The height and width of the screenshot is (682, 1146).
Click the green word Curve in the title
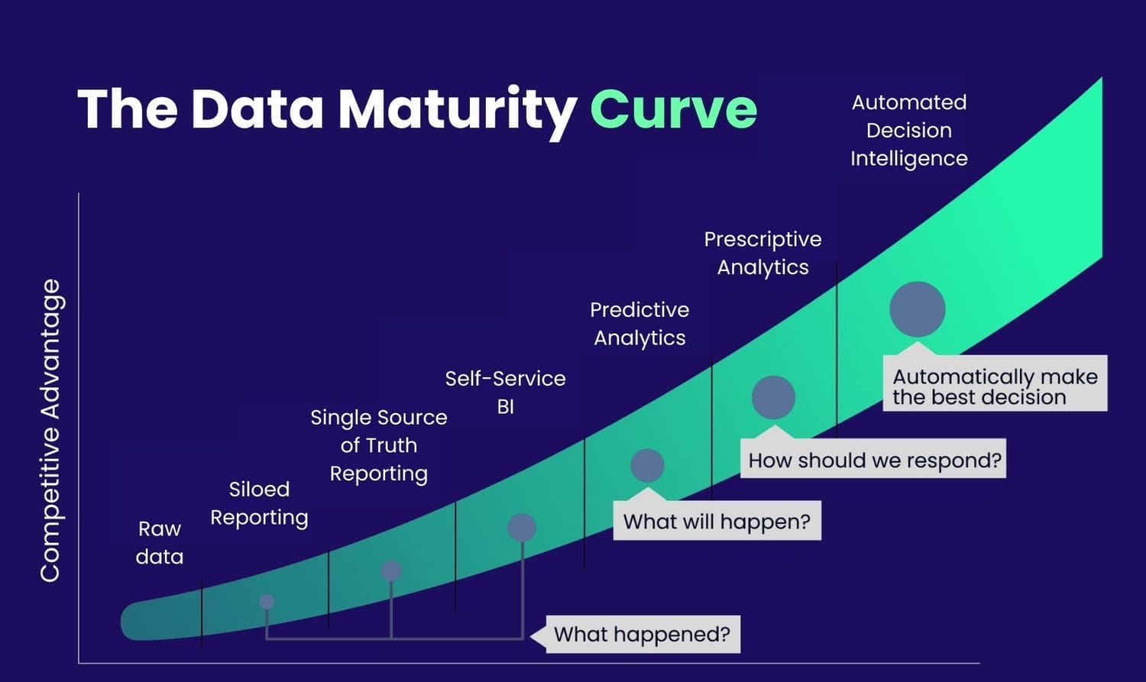click(x=673, y=109)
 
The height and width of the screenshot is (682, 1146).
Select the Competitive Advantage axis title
click(x=50, y=431)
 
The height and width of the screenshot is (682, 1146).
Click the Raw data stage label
click(x=160, y=542)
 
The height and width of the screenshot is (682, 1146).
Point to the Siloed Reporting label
click(x=260, y=503)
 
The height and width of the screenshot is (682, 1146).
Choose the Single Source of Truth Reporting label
click(x=379, y=445)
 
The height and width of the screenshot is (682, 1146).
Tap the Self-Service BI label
click(x=506, y=393)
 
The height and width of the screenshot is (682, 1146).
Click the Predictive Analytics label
click(x=639, y=324)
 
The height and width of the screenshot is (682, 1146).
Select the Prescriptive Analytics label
click(x=762, y=253)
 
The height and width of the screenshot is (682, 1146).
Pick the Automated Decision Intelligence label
click(x=909, y=131)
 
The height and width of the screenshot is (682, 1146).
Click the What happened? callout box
click(x=643, y=634)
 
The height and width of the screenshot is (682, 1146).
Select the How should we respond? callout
click(x=873, y=458)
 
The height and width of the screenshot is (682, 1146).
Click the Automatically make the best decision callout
click(x=995, y=383)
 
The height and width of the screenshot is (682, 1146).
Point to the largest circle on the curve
click(x=918, y=309)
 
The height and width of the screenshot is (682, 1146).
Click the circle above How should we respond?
click(x=773, y=397)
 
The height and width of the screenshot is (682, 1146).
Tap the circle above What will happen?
click(x=647, y=465)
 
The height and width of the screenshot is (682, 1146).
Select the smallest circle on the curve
click(x=267, y=602)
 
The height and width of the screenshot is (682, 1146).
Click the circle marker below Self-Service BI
click(x=522, y=528)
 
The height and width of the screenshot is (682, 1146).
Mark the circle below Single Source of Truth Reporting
click(x=391, y=570)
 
